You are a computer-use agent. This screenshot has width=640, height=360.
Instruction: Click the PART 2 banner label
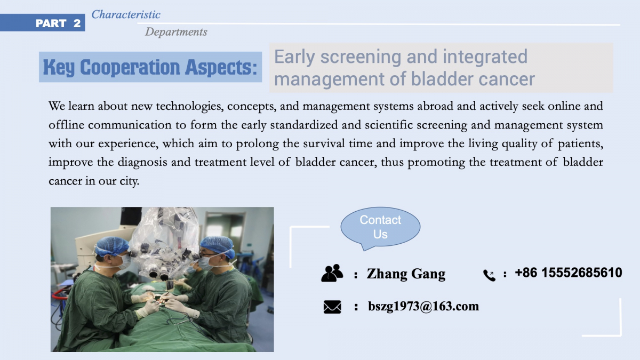point(58,23)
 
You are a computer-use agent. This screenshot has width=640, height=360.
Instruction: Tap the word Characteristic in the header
point(126,14)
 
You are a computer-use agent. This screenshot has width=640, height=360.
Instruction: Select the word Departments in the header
point(176,31)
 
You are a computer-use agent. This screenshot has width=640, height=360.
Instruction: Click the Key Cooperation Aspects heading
point(150,67)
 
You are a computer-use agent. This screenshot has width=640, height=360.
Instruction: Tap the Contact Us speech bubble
point(380,228)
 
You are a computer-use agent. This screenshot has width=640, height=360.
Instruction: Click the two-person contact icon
point(332,273)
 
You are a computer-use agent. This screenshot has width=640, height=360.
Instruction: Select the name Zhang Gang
point(406,274)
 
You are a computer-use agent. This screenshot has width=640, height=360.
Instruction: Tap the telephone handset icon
point(489,275)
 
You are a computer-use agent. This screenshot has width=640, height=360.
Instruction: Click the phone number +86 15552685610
point(569,273)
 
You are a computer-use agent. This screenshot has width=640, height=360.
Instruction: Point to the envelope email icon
point(332,307)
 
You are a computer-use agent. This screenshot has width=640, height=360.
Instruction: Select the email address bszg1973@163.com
point(423,306)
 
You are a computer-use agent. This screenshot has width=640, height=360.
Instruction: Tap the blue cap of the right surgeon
point(218,246)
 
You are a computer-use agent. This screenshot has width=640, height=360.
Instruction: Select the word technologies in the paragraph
point(190,106)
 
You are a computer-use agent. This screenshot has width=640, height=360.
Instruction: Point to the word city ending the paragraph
point(130,181)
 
